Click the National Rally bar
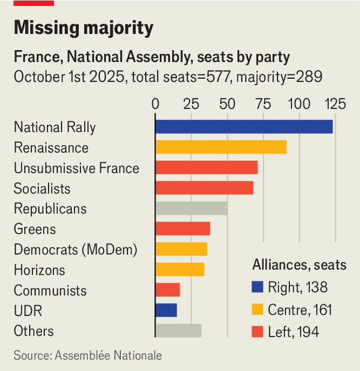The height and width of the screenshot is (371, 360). coord(244,127)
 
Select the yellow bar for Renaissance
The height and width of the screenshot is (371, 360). coord(221,147)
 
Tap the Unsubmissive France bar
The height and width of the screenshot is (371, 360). coord(207,167)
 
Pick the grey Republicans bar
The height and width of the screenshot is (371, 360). coord(191,208)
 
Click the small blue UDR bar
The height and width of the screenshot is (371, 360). coord(166,311)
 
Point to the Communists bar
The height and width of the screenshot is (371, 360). coord(168,290)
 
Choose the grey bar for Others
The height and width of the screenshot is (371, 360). coord(178,331)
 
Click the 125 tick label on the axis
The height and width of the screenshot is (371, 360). coord(335,104)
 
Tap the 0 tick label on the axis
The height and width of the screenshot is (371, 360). coord(156,104)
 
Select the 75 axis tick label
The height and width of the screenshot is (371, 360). coord(263,104)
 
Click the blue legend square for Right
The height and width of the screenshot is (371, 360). coord(258,288)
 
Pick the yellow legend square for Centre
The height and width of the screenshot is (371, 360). coord(258,309)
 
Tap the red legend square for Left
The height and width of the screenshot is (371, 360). coord(258,332)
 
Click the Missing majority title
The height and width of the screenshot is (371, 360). coord(83,28)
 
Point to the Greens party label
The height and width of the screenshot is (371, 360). coord(35,229)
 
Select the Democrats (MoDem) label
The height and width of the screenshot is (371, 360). coord(75,250)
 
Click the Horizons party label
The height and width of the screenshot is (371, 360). coord(39,270)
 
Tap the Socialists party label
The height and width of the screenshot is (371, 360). coord(42,189)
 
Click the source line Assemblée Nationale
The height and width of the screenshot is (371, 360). coord(88,355)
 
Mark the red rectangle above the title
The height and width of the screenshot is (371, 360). coord(34,3)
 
